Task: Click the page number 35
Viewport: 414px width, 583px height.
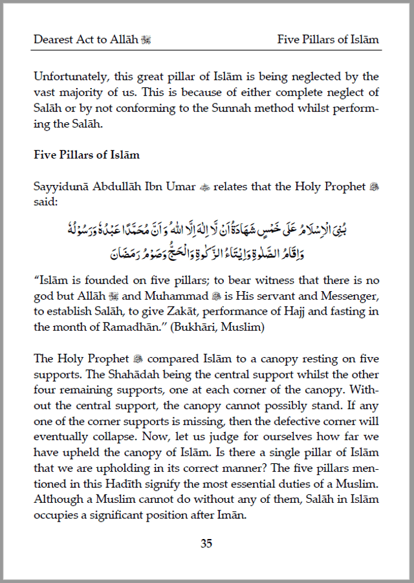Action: point(206,544)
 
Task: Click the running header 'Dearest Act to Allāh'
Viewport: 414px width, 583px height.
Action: point(86,39)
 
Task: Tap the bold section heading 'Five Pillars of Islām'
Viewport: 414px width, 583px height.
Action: point(87,155)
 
